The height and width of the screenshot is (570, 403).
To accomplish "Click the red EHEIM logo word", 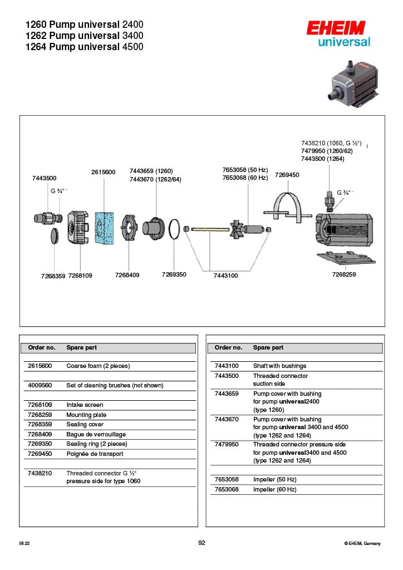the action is tap(336, 28).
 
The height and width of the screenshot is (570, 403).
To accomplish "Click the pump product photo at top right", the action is tap(353, 84).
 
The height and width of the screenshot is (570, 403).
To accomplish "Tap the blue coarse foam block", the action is tap(104, 228).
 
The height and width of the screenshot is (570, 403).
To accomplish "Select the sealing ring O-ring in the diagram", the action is tap(174, 229).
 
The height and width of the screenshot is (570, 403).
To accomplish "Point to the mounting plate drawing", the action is tap(346, 258).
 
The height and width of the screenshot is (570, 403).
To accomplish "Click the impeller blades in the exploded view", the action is tap(238, 229).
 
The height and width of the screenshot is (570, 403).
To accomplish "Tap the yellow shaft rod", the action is tap(210, 229).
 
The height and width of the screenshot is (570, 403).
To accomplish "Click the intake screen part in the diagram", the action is tap(78, 227).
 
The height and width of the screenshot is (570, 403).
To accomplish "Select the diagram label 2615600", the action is tap(103, 172).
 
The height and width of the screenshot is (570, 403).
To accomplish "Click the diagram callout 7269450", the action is tap(287, 175).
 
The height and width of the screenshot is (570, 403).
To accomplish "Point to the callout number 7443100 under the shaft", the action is tap(225, 276).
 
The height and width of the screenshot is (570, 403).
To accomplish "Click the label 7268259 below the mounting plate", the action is tap(344, 274).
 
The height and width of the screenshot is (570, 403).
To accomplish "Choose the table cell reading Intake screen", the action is tap(85, 405).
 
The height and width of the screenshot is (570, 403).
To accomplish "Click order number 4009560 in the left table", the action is tap(40, 385).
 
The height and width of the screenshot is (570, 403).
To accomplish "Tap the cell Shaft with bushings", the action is tap(279, 366).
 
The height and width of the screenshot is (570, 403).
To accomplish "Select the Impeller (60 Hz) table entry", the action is tap(274, 490).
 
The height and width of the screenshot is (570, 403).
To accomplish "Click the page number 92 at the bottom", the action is tap(202, 543).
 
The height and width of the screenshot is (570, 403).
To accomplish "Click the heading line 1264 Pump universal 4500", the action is tap(84, 47).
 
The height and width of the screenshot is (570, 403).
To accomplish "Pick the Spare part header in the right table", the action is tap(268, 347).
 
